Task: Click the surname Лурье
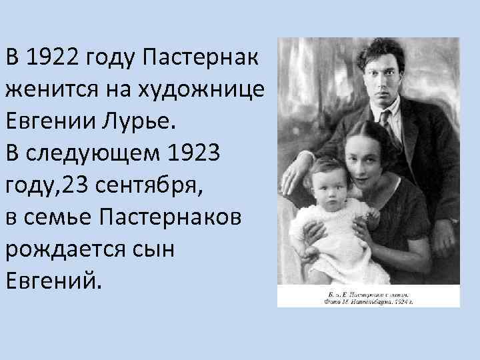pyautogui.click(x=144, y=123)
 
